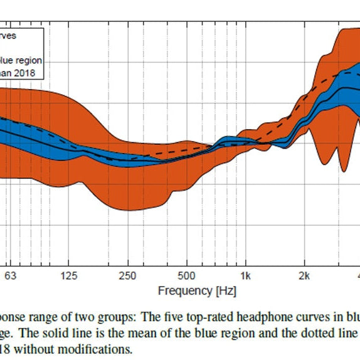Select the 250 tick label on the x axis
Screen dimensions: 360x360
tap(128, 277)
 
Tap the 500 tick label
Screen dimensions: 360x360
tap(187, 277)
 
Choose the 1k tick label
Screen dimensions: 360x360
tap(246, 277)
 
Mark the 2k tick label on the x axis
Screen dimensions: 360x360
tap(305, 277)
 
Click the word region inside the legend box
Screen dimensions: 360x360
tap(29, 61)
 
